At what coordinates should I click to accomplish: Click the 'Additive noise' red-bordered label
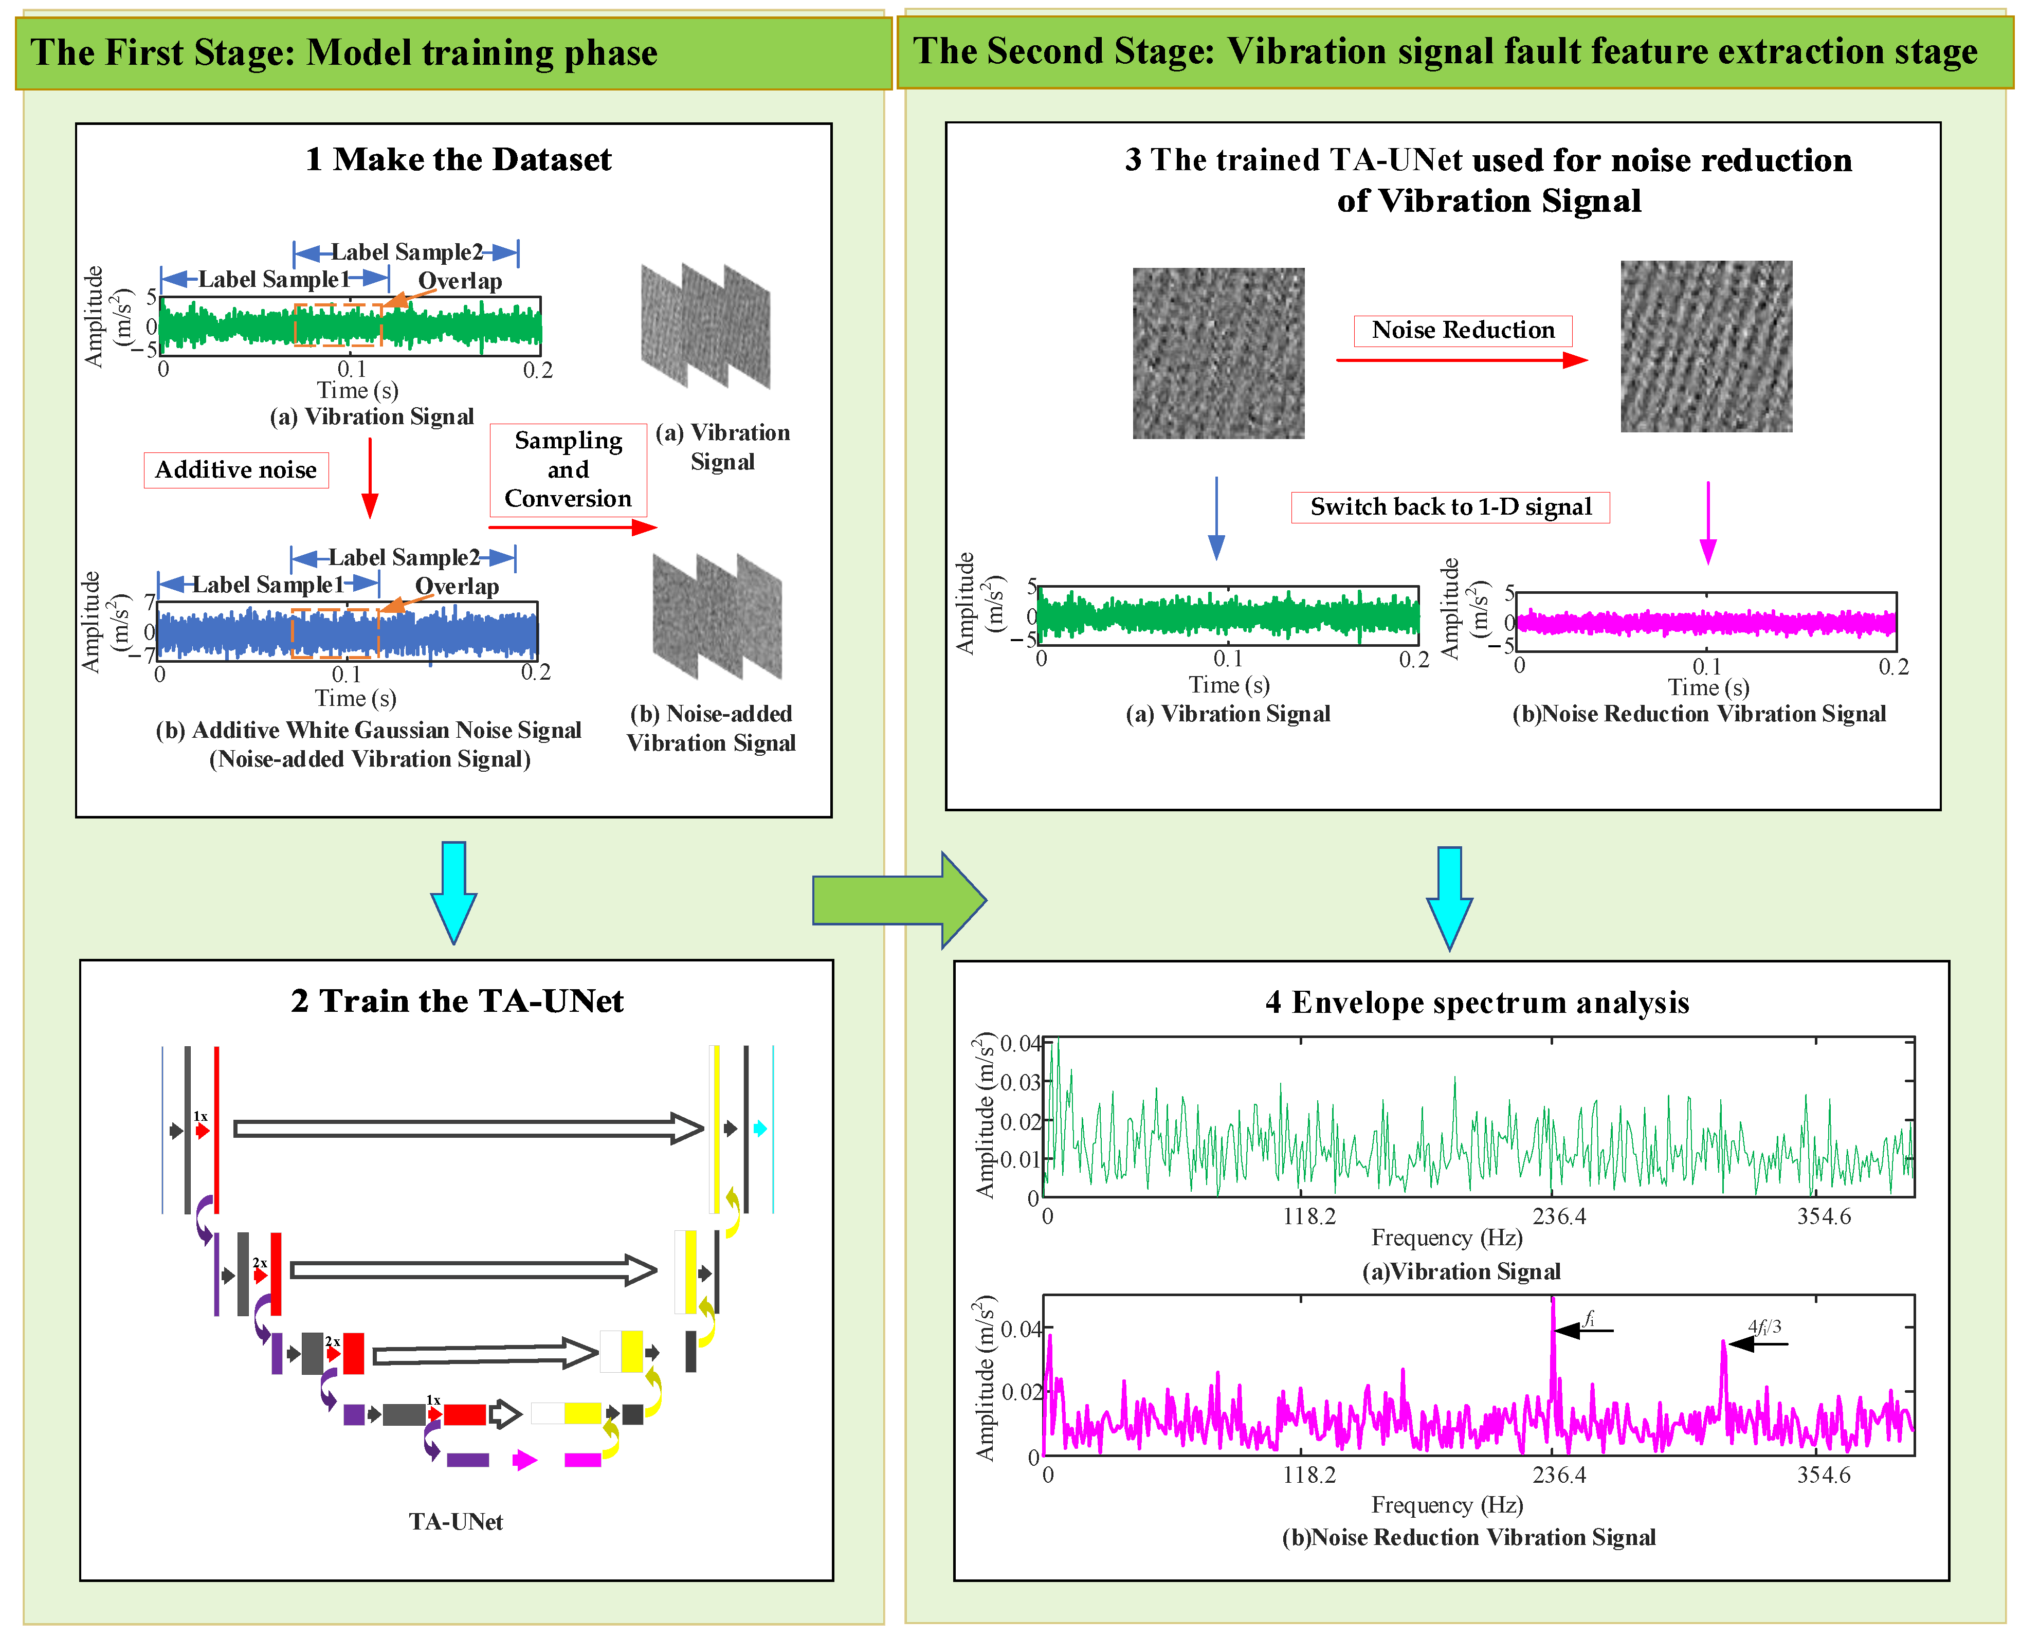pos(236,469)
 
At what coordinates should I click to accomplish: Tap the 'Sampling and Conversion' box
pos(568,469)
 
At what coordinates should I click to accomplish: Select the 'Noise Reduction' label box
pos(1463,330)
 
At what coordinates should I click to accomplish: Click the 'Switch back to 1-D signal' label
pos(1450,507)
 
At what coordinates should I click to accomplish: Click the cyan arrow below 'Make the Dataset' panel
pos(453,891)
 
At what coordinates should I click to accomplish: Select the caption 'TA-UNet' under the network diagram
pos(456,1522)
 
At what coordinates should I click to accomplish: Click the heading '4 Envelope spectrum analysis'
pos(1477,1003)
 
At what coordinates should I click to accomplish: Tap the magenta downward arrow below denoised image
pos(1708,523)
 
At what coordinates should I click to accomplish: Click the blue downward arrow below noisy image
pos(1216,519)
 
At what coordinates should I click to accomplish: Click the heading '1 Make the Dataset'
pos(458,159)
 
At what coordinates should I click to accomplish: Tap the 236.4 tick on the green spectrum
pos(1559,1216)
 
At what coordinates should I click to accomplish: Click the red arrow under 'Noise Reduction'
pos(1462,359)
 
